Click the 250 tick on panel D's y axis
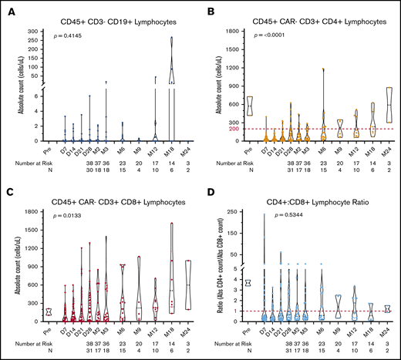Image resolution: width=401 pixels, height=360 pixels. [x=229, y=210]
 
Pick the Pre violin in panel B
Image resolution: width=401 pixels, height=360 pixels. [x=249, y=106]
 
